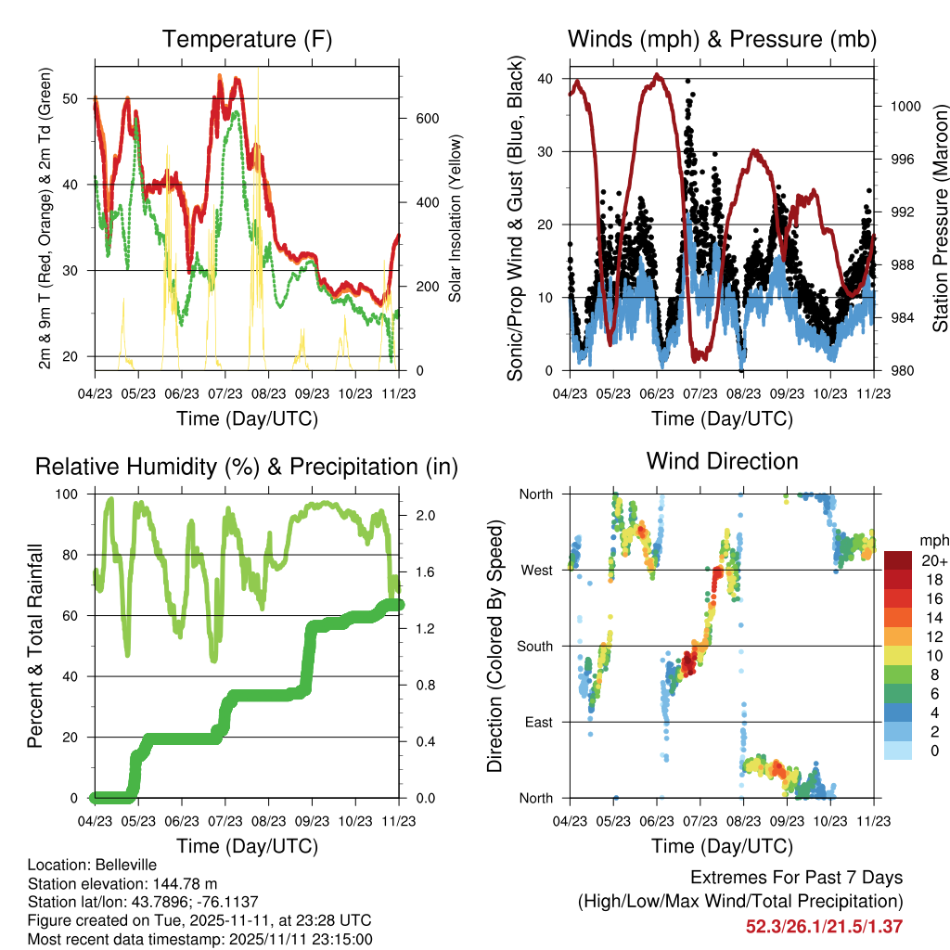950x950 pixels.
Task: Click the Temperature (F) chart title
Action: (247, 39)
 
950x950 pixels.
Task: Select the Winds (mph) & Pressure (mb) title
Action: (722, 39)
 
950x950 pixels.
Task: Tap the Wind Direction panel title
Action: (722, 461)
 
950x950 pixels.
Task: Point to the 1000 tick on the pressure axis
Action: (905, 107)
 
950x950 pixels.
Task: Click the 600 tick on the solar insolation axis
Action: (427, 119)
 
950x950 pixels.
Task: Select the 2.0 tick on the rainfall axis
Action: (425, 516)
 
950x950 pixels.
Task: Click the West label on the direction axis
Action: (537, 571)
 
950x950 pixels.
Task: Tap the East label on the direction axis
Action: (539, 722)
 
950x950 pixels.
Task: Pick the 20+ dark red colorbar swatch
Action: (897, 560)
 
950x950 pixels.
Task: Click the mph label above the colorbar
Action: (934, 541)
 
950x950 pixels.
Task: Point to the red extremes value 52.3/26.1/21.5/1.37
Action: (824, 927)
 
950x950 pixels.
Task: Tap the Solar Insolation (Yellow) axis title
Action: (455, 218)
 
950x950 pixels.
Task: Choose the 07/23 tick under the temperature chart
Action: (225, 393)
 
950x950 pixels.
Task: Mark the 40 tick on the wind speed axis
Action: (545, 79)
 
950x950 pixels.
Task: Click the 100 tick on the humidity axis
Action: (67, 494)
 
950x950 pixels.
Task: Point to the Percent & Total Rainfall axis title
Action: (35, 646)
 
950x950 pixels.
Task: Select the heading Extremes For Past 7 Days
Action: (797, 878)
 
